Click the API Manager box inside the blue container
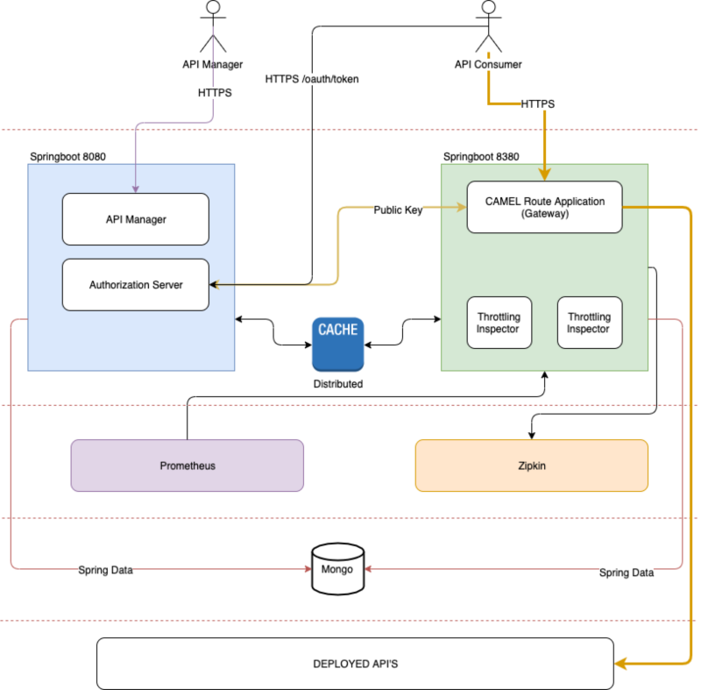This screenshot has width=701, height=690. (x=135, y=219)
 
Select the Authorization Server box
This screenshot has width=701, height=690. (x=135, y=285)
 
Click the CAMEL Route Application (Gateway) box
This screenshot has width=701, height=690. (x=544, y=207)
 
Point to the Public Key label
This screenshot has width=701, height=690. (x=398, y=210)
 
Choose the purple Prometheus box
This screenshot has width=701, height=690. (x=187, y=466)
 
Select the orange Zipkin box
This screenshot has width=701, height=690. (x=531, y=466)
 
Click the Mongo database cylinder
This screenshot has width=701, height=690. (x=337, y=569)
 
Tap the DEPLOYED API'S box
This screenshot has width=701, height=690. (x=355, y=664)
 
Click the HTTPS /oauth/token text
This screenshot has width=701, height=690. (x=312, y=79)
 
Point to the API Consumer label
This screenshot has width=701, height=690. (x=488, y=64)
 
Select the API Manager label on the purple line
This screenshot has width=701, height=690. (x=212, y=64)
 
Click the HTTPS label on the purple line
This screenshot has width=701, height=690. (x=215, y=92)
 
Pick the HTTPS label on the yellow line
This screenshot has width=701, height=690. (x=537, y=104)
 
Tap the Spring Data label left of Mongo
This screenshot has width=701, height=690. (x=105, y=570)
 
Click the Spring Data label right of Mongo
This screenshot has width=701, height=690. (x=627, y=573)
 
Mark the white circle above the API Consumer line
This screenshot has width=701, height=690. (x=488, y=7)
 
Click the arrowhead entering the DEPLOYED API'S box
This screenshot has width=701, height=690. (x=620, y=664)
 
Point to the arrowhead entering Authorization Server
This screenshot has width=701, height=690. (x=214, y=285)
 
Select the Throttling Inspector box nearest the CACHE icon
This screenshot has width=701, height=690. (x=498, y=323)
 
